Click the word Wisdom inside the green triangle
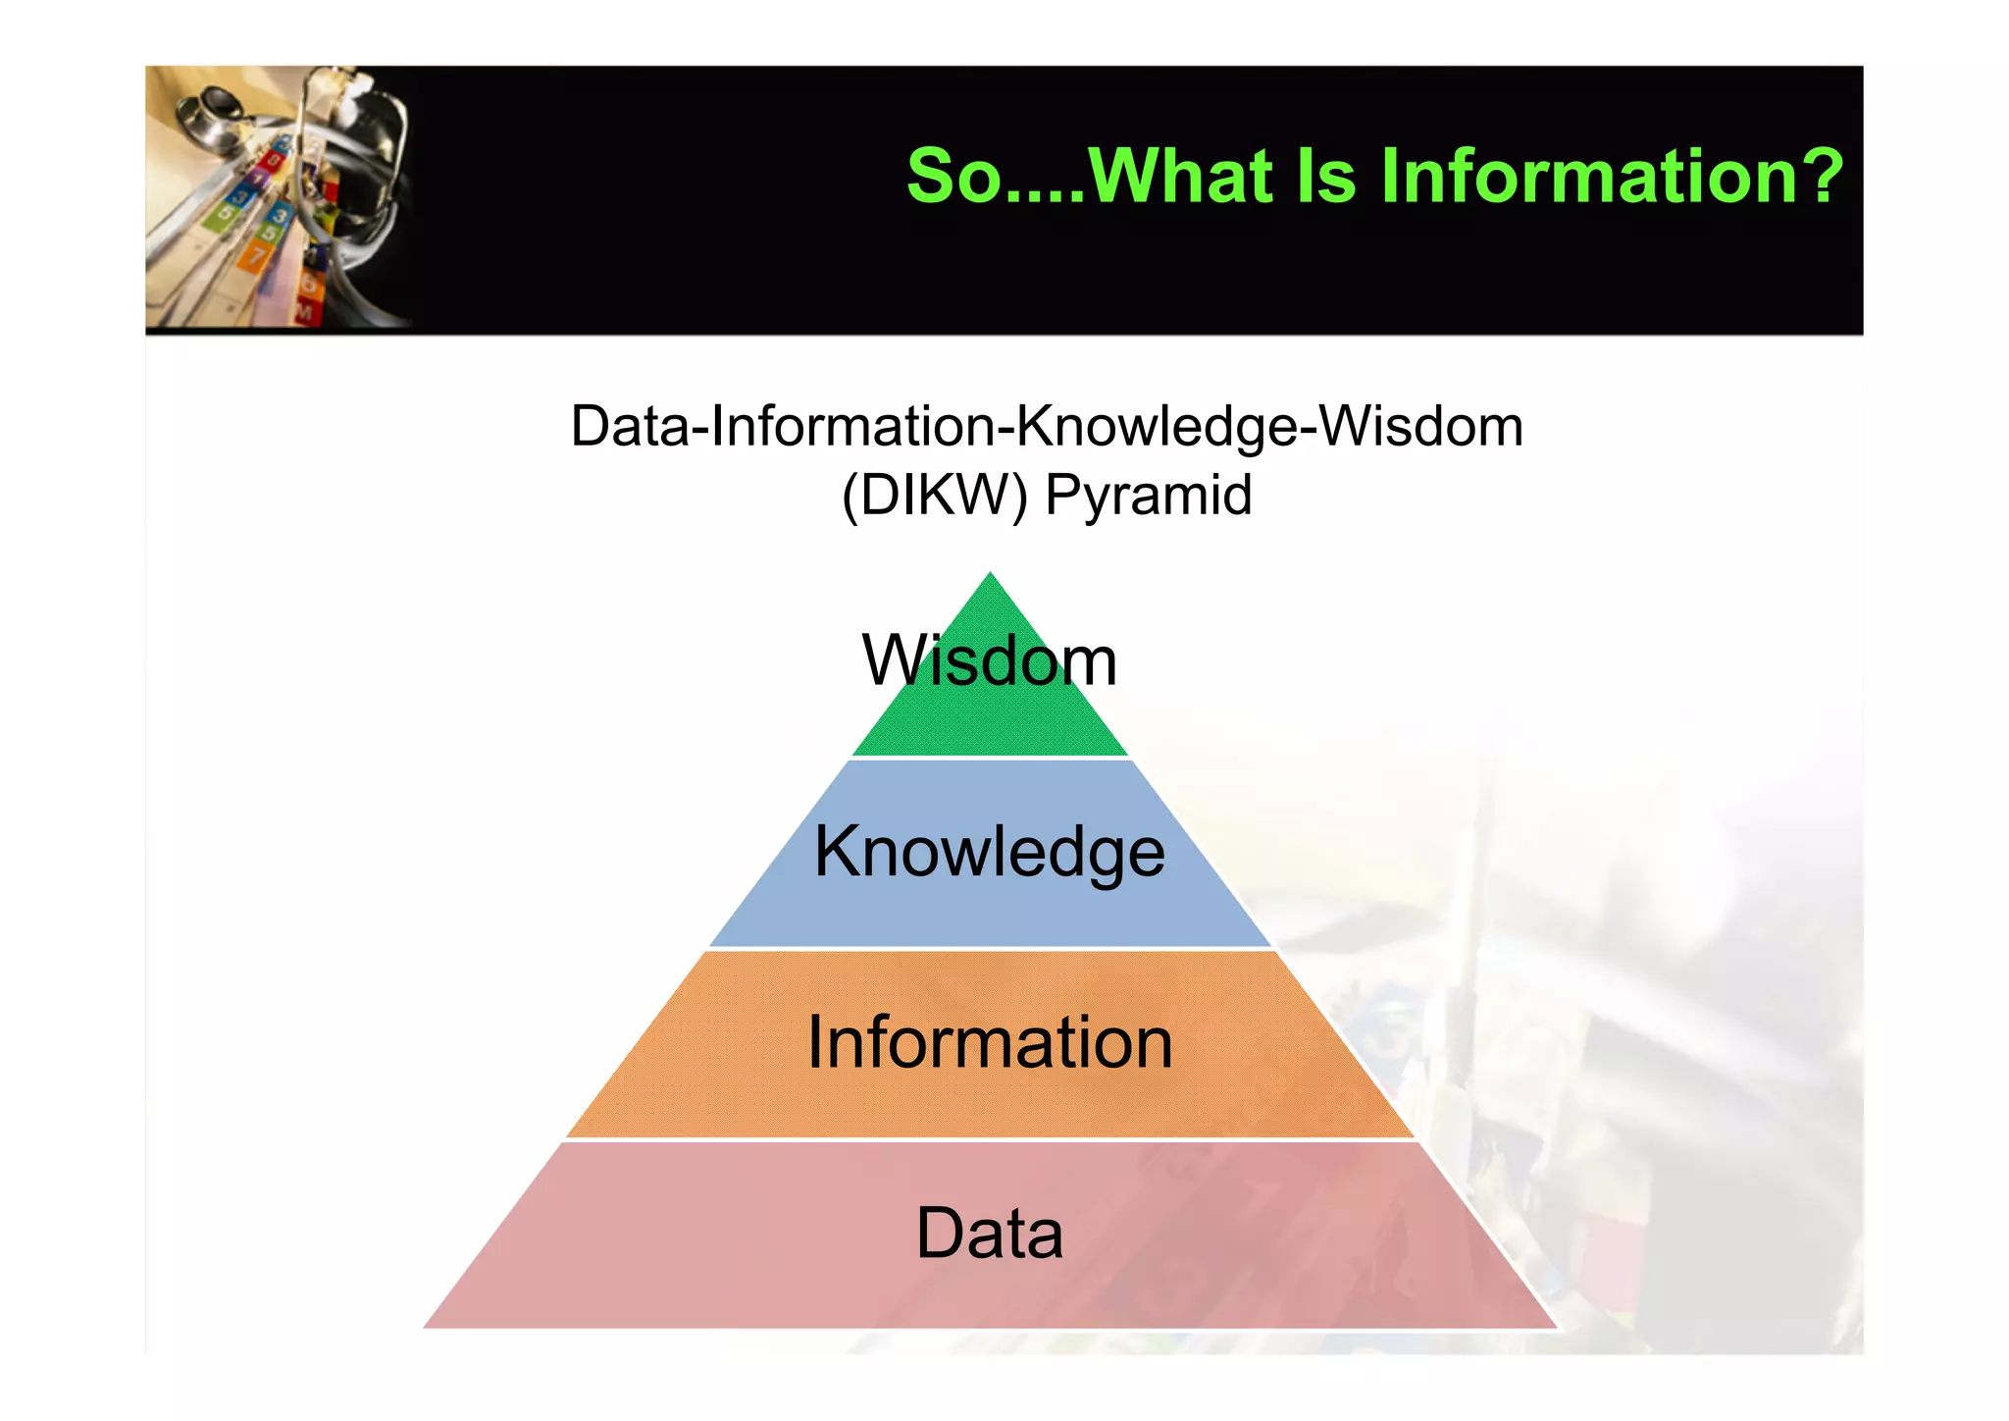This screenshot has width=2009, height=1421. click(x=989, y=660)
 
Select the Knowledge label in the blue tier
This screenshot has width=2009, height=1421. click(x=989, y=852)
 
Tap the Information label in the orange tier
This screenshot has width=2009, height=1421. click(x=989, y=1042)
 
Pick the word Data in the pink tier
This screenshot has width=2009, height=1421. click(x=989, y=1234)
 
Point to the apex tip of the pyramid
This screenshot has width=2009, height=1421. click(x=990, y=575)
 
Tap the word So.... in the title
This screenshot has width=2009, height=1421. click(x=995, y=177)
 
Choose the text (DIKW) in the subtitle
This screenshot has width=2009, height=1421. click(x=934, y=495)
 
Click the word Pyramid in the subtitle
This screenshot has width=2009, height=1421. click(x=1148, y=495)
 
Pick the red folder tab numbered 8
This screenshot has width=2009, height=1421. click(x=271, y=159)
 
